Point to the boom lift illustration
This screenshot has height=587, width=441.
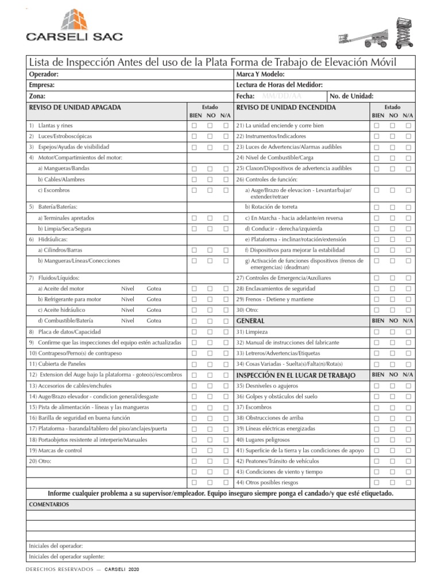[361, 39]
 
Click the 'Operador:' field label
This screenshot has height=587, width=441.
[44, 75]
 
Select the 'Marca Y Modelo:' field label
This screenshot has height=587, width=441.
[260, 75]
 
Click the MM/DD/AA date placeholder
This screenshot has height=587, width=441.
[281, 96]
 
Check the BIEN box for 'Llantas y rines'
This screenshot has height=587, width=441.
[195, 126]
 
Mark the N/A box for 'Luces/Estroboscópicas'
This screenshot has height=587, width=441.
[226, 136]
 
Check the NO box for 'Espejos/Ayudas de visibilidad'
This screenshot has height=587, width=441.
[210, 147]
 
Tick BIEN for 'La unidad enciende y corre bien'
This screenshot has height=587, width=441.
[377, 126]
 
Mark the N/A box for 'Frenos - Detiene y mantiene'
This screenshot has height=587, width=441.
[408, 299]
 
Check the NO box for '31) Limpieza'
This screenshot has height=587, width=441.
[393, 332]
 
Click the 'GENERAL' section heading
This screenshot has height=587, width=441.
[250, 321]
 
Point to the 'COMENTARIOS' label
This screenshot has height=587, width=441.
[49, 504]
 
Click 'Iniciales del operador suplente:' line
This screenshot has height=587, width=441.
[67, 557]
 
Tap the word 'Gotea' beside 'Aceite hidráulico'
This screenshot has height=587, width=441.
[154, 310]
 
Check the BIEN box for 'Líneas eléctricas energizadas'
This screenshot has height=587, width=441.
[377, 429]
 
